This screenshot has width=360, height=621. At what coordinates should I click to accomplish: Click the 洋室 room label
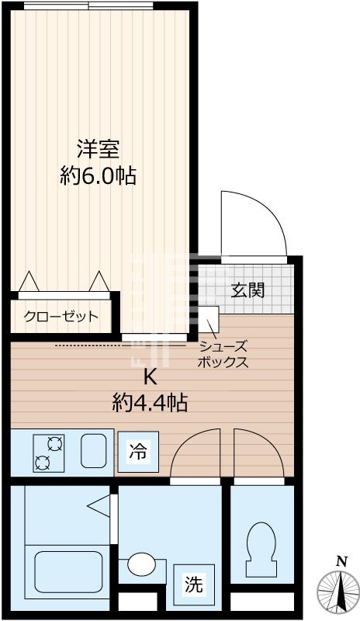click(98, 148)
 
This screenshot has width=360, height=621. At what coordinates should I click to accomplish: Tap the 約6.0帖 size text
click(98, 176)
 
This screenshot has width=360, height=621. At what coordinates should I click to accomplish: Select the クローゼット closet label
click(61, 317)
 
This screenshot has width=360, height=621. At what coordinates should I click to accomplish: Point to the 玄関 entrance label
click(248, 290)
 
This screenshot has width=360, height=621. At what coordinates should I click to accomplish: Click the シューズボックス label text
click(223, 355)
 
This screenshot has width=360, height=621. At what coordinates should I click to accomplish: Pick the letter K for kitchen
click(149, 378)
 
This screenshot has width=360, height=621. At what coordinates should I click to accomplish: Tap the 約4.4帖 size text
click(149, 403)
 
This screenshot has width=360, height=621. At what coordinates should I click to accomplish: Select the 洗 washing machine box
click(193, 585)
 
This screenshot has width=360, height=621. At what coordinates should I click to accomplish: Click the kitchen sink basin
click(95, 451)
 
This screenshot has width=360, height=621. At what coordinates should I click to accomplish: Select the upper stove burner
click(54, 444)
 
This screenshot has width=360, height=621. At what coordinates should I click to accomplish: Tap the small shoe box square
click(208, 317)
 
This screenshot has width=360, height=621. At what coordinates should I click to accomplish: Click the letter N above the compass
click(340, 561)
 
